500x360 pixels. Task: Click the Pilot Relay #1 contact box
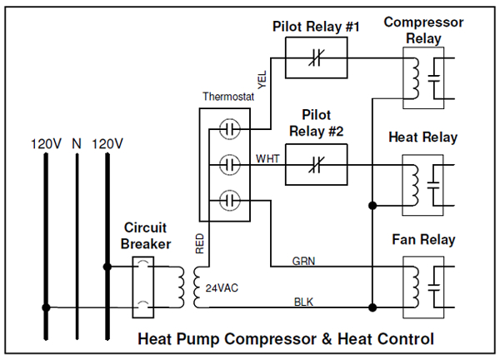tap(314, 58)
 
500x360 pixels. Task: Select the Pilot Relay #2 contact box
tap(314, 165)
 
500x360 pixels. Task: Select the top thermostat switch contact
tap(230, 130)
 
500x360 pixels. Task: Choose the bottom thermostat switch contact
tap(230, 200)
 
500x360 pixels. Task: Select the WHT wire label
tap(267, 157)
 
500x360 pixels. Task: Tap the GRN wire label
tap(302, 260)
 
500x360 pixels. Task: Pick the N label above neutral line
tap(76, 142)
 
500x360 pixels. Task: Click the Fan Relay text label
tap(423, 240)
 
